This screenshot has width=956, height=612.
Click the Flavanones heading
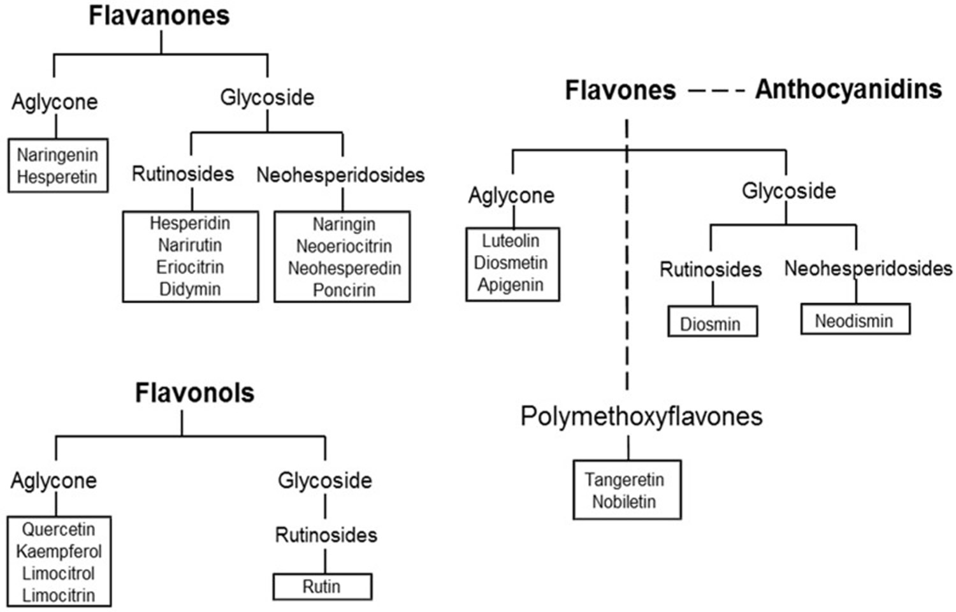[x=159, y=16]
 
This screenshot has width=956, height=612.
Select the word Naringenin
[x=57, y=156]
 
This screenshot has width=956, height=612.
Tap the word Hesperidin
[x=190, y=223]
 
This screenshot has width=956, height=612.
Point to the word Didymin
[x=190, y=289]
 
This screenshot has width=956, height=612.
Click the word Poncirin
[x=344, y=290]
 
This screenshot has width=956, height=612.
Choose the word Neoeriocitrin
[x=344, y=246]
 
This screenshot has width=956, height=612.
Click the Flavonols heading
[x=194, y=393]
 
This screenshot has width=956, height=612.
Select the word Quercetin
[x=59, y=530]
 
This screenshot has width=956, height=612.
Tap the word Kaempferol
[x=59, y=551]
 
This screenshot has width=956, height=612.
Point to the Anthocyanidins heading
[x=848, y=90]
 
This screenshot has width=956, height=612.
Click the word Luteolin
[x=511, y=241]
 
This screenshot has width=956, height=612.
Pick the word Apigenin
[x=511, y=285]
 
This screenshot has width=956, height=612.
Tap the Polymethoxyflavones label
[x=641, y=417]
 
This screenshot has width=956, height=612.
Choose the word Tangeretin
[x=625, y=479]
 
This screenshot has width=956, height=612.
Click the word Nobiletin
[x=625, y=502]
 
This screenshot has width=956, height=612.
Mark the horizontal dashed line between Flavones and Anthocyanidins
[x=717, y=91]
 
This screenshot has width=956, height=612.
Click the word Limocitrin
[x=59, y=595]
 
